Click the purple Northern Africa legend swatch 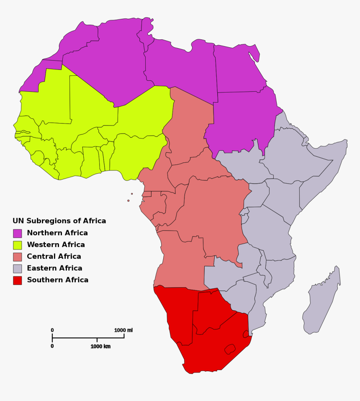tap(18, 233)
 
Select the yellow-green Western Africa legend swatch tap(18, 245)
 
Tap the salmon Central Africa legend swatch tap(18, 257)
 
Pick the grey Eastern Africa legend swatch tap(18, 268)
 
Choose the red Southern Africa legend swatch tap(18, 280)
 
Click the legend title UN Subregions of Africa tap(59, 221)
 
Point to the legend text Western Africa tap(56, 244)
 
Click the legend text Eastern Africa tap(54, 268)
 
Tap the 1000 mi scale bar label tap(123, 330)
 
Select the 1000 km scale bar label tap(100, 346)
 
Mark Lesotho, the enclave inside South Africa tap(229, 348)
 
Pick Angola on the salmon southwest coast tap(180, 260)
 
